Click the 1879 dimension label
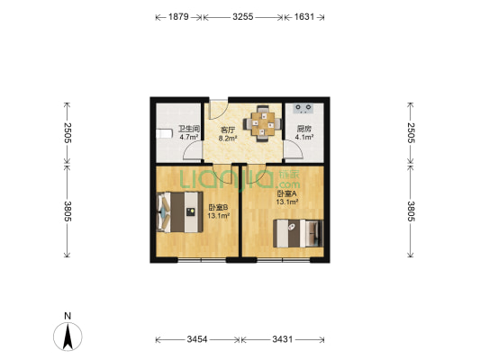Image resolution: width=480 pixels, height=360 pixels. [176, 16]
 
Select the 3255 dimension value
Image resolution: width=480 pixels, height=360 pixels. [242, 16]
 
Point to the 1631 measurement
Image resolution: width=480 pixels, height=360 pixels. [303, 16]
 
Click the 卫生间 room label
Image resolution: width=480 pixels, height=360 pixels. [187, 129]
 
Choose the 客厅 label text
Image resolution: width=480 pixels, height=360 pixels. [228, 130]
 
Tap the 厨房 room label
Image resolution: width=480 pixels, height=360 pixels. [303, 130]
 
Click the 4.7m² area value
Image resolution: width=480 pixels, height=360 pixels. [187, 138]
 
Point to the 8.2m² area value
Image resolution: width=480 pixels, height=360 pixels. [228, 139]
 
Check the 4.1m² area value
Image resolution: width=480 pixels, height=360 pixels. [303, 139]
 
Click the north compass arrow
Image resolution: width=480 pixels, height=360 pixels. [68, 337]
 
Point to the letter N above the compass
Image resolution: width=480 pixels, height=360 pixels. [68, 316]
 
